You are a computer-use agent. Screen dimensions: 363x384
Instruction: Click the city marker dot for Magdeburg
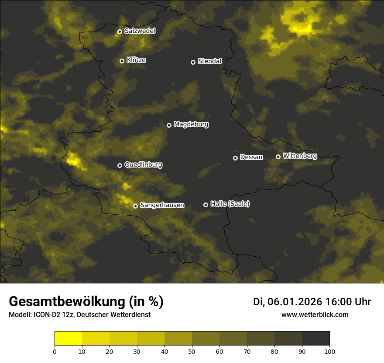tap(169, 125)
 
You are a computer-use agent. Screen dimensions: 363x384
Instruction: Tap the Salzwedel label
tap(140, 31)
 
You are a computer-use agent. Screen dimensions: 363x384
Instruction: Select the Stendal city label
tap(209, 61)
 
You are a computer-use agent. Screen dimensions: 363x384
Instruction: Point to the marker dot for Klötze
tap(122, 61)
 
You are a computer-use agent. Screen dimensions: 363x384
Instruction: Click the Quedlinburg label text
tap(143, 165)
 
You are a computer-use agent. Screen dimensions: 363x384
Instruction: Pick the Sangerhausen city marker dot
tap(136, 206)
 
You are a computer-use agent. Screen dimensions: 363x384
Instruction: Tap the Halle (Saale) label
tap(230, 204)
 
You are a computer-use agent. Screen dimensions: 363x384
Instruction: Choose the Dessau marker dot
tap(236, 158)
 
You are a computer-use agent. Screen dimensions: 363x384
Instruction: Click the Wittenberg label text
tap(300, 156)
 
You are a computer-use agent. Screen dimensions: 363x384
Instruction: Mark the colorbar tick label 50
tap(192, 351)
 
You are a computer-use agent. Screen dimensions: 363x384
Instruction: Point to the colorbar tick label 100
tap(329, 351)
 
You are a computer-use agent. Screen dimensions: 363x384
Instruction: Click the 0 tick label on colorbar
tap(55, 351)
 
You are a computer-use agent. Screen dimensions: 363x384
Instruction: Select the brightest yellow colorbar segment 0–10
tap(69, 339)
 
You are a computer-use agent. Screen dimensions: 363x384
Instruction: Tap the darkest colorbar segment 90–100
tap(315, 339)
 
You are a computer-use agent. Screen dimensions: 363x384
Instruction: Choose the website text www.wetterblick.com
tap(315, 314)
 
